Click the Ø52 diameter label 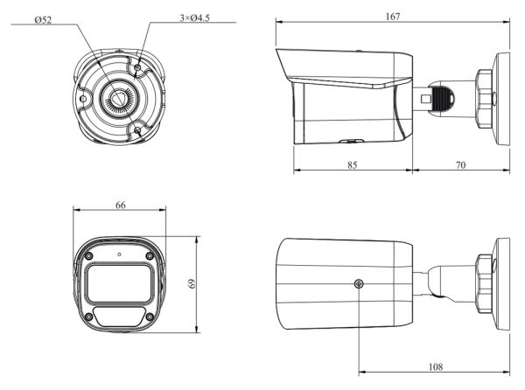click(41, 18)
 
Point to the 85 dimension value click(351, 163)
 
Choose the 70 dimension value click(460, 163)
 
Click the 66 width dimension click(120, 205)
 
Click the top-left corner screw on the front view click(89, 254)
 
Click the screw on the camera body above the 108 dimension click(359, 283)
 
